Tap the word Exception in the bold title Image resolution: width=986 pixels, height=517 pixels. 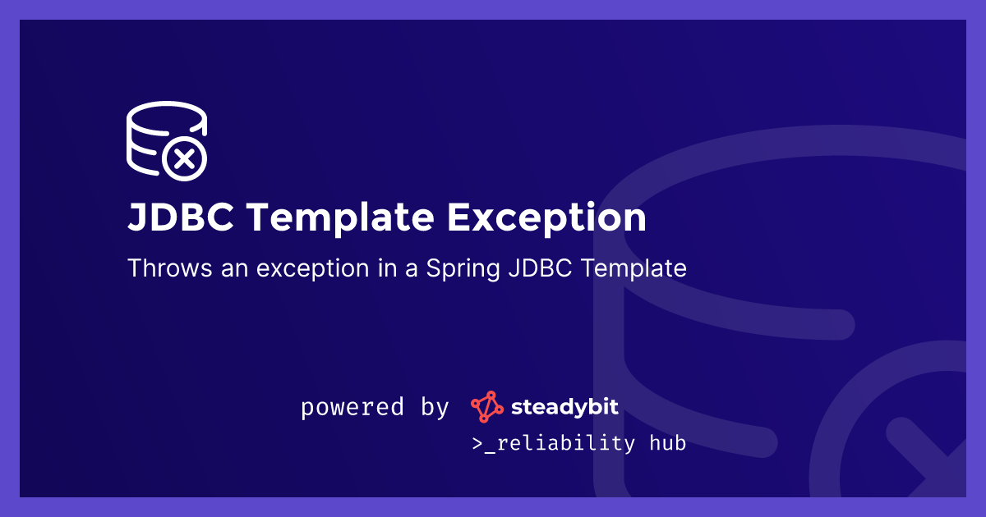(546, 218)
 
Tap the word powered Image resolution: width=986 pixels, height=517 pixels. (352, 407)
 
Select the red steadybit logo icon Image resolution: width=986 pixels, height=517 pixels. (486, 407)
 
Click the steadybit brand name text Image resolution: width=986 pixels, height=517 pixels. (565, 406)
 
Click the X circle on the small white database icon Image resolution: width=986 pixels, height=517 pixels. (185, 158)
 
